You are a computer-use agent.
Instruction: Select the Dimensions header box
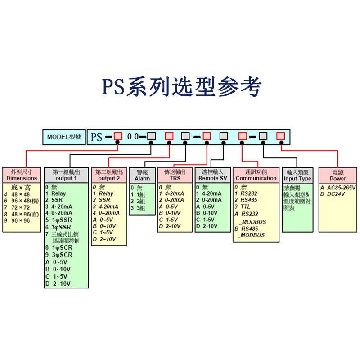click(22, 175)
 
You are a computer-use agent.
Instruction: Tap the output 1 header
click(66, 175)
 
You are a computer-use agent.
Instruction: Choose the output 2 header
click(109, 175)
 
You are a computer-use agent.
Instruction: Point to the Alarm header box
click(142, 175)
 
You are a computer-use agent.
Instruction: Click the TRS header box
click(175, 175)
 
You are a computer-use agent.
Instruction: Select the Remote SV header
click(212, 175)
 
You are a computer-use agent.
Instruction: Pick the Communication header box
click(256, 175)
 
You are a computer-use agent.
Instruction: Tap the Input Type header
click(297, 175)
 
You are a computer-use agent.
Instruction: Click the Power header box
click(338, 175)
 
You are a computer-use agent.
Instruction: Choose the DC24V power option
click(335, 194)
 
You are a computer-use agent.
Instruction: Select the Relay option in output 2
click(106, 193)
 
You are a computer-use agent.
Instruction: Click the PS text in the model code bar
click(96, 137)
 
